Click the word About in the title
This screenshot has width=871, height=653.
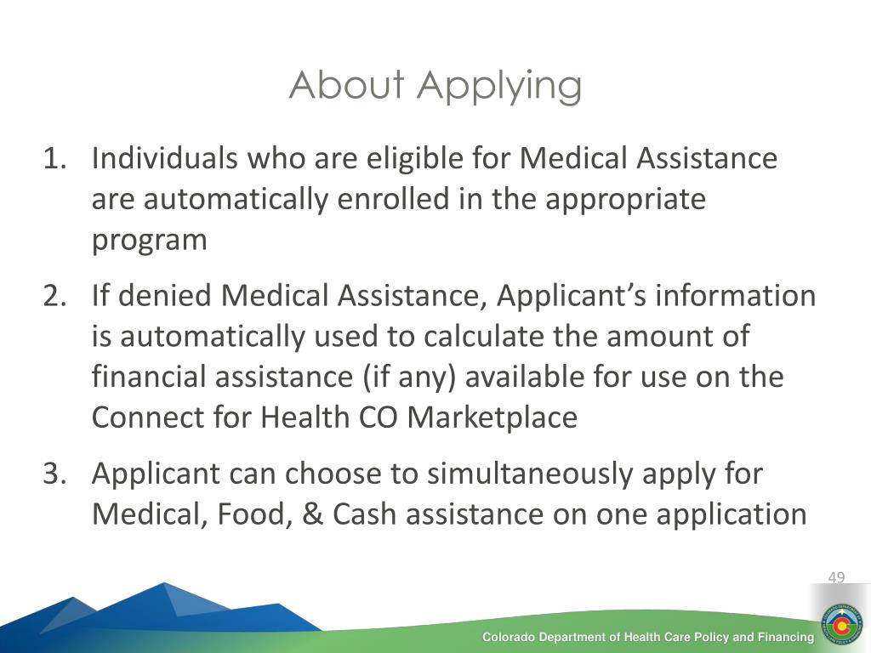click(x=347, y=85)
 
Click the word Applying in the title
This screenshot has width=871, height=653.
click(x=499, y=88)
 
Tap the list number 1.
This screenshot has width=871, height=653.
click(x=54, y=158)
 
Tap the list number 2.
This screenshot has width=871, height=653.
click(x=54, y=295)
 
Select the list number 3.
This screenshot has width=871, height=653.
click(x=54, y=474)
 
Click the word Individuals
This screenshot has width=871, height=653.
click(x=165, y=157)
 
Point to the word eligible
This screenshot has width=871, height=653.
click(x=414, y=159)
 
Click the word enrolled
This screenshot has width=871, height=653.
click(x=393, y=199)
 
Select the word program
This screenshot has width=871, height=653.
click(x=150, y=241)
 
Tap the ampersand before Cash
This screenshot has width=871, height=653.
click(x=313, y=514)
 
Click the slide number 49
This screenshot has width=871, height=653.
click(x=836, y=577)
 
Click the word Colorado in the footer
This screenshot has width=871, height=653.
click(x=509, y=638)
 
